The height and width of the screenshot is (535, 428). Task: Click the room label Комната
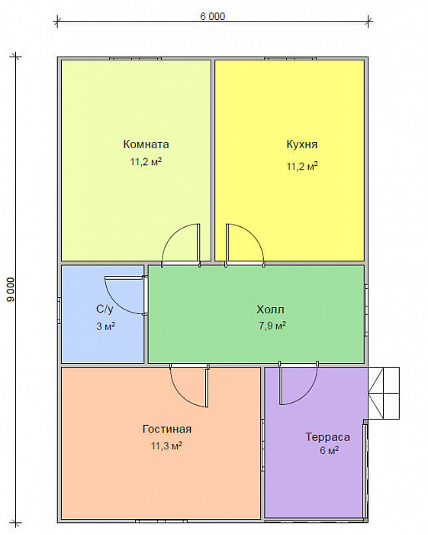[146, 144]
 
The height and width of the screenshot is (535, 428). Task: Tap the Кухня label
[302, 144]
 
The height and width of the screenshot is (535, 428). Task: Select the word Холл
[270, 310]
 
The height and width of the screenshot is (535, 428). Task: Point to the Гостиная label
[167, 429]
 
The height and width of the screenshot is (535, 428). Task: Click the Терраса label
[327, 437]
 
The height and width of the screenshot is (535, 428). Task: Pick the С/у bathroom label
[105, 309]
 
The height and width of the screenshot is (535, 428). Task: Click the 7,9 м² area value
[272, 326]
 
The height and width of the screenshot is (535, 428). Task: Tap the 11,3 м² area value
[167, 446]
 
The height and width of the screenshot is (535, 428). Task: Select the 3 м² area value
[105, 326]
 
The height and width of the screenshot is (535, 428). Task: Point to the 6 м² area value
[329, 450]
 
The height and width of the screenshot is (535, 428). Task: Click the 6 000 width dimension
[212, 16]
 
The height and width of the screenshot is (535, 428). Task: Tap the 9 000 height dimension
[11, 290]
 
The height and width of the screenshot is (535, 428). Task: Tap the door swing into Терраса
[308, 392]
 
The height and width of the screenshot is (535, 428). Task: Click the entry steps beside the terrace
[384, 393]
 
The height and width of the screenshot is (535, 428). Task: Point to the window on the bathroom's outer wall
[60, 310]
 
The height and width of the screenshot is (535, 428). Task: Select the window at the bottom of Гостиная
[162, 521]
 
